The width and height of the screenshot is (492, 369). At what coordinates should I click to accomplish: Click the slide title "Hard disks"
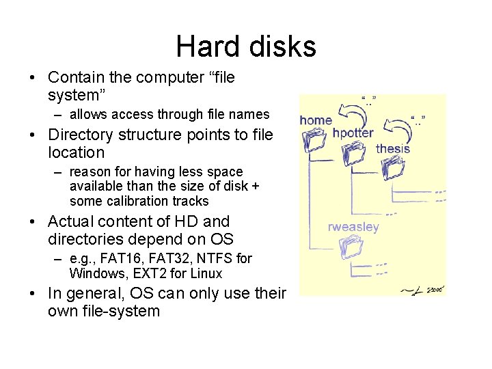click(x=246, y=46)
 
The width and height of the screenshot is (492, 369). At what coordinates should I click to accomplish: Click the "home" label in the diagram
click(x=316, y=120)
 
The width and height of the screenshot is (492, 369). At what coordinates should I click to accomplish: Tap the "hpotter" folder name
click(x=353, y=133)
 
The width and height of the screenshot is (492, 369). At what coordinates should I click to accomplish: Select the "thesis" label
click(x=393, y=148)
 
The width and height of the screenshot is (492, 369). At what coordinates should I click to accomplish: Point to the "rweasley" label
click(x=353, y=227)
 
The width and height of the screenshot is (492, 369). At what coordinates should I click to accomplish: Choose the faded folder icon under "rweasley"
click(x=353, y=247)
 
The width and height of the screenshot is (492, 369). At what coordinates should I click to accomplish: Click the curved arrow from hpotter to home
click(x=355, y=111)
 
